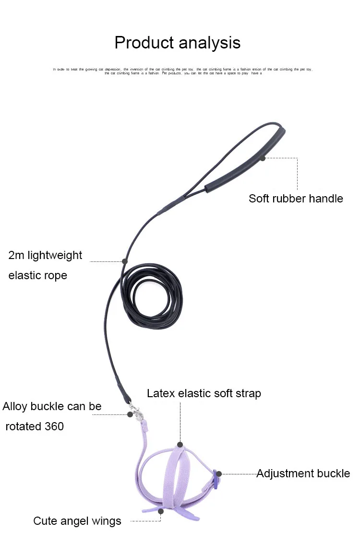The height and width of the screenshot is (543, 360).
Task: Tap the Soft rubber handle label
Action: [296, 199]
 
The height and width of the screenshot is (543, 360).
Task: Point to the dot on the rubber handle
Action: [263, 158]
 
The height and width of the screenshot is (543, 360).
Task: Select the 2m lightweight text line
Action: [45, 255]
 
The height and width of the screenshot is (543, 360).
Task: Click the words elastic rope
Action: [37, 276]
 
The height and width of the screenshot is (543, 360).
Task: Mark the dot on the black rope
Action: [125, 261]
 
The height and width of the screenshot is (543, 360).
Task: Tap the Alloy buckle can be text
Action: [52, 407]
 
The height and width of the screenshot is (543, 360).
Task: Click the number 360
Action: [54, 426]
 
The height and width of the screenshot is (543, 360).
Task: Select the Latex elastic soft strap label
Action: [204, 394]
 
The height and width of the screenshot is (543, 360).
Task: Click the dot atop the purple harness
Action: [180, 445]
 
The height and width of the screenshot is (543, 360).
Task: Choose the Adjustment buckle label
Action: [303, 474]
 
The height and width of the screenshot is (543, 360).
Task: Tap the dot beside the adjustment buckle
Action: [219, 474]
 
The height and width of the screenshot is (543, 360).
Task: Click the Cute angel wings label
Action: [77, 521]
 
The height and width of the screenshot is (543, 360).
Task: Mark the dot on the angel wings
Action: [161, 511]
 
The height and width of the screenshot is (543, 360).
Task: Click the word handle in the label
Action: [325, 199]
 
